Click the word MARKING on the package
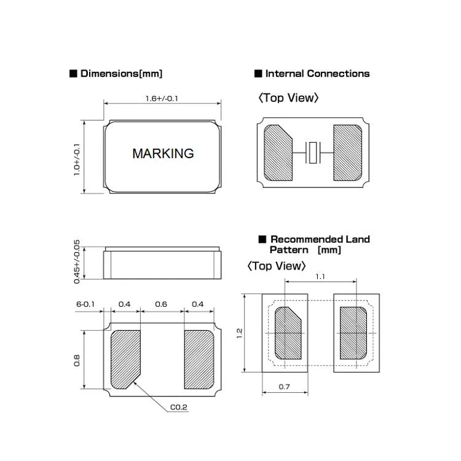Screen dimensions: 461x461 pyautogui.click(x=163, y=154)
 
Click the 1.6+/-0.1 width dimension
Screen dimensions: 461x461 pyautogui.click(x=162, y=98)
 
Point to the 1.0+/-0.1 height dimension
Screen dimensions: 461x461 pyautogui.click(x=77, y=160)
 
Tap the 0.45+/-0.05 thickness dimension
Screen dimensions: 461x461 pyautogui.click(x=77, y=262)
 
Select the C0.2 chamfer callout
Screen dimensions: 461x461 pyautogui.click(x=179, y=407)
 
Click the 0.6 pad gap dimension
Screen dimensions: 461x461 pyautogui.click(x=161, y=304)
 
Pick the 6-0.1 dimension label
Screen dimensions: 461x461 pyautogui.click(x=85, y=304)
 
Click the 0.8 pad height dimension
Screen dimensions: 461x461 pyautogui.click(x=77, y=360)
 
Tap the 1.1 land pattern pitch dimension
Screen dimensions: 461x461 pyautogui.click(x=320, y=277)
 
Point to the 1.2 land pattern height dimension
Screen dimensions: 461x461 pyautogui.click(x=239, y=333)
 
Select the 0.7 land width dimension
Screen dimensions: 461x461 pyautogui.click(x=285, y=387)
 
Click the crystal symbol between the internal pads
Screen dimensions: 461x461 pyautogui.click(x=313, y=152)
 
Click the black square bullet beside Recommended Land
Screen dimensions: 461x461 pyautogui.click(x=262, y=239)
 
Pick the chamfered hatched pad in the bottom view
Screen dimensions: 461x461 pyautogui.click(x=125, y=360)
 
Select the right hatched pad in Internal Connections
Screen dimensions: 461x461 pyautogui.click(x=347, y=152)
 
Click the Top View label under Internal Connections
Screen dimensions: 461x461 pyautogui.click(x=288, y=98)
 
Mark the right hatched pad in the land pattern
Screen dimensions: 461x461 pyautogui.click(x=353, y=333)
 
